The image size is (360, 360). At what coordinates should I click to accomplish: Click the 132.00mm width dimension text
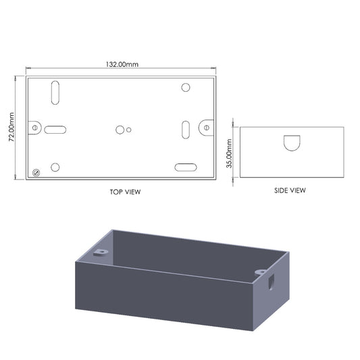point(122,64)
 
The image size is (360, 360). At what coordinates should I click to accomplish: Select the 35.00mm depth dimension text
point(229,153)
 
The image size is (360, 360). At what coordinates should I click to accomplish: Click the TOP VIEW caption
point(125,191)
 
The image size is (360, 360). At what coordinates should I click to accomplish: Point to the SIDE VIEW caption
point(290,190)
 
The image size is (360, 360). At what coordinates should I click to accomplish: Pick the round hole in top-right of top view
point(186,87)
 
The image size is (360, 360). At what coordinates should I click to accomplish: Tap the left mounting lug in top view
point(34,128)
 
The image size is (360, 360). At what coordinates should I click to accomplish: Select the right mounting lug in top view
point(207,126)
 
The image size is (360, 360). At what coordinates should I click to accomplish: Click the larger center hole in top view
point(120,129)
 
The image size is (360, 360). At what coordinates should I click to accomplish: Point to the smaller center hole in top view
point(129,129)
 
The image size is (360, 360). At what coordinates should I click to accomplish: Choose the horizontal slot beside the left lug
point(55,129)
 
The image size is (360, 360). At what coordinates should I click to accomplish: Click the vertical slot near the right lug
point(185,129)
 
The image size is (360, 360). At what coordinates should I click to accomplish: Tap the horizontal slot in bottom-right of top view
point(185,168)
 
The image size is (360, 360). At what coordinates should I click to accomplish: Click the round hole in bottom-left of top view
point(55,167)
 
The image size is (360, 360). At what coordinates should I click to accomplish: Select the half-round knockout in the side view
point(292,143)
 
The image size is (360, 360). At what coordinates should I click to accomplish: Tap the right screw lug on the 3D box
point(261,272)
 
